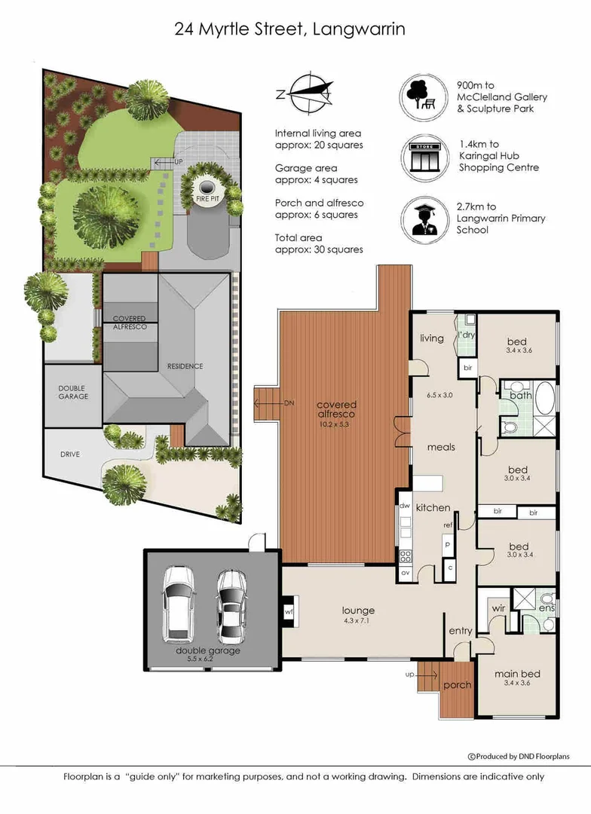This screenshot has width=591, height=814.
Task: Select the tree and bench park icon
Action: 423,97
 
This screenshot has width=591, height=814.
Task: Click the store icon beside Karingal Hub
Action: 424,158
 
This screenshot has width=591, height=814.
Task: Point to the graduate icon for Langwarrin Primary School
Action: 424,219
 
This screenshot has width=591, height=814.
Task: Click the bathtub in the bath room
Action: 544,398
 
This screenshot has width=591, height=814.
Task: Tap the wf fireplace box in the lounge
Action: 289,612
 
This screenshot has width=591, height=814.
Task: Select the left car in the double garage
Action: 179,604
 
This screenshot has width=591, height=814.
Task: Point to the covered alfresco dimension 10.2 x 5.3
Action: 335,424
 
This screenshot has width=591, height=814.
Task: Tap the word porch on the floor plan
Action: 457,684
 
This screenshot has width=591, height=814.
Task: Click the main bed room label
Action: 517,674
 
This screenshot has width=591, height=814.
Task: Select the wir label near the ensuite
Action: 498,608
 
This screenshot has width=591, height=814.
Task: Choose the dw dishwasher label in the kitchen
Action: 405,506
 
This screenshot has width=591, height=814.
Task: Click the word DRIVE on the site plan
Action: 70,454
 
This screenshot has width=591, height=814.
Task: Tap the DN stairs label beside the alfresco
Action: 289,402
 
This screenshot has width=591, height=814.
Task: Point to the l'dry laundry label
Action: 467,335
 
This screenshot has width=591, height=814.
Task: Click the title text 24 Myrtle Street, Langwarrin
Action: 289,29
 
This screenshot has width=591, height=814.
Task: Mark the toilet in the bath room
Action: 509,428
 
